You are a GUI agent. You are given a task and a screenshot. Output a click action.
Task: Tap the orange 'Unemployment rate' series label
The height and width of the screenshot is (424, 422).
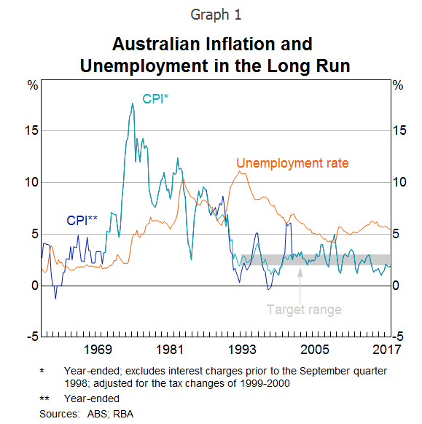click(x=292, y=162)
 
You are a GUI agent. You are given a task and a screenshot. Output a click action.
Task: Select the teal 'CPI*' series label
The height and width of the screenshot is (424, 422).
click(x=155, y=99)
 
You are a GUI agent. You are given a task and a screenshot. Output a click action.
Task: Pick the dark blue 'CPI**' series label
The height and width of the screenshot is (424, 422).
click(x=82, y=220)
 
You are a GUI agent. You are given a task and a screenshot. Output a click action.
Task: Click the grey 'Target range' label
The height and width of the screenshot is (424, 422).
click(x=303, y=310)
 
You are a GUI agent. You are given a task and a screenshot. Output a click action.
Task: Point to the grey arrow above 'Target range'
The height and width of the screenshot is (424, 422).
click(x=300, y=280)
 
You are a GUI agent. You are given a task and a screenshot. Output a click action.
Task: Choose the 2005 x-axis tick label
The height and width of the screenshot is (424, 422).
click(x=314, y=348)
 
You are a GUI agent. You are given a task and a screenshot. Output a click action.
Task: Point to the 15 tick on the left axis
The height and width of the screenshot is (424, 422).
click(x=29, y=131)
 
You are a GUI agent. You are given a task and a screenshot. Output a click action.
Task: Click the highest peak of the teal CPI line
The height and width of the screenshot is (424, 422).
click(x=132, y=103)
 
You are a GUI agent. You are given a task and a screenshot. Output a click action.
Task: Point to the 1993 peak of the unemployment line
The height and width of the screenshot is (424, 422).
click(x=241, y=171)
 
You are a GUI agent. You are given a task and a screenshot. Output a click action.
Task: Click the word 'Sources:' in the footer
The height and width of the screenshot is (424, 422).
click(x=58, y=413)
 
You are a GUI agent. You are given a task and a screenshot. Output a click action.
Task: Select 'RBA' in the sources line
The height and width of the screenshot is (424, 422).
click(x=122, y=413)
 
